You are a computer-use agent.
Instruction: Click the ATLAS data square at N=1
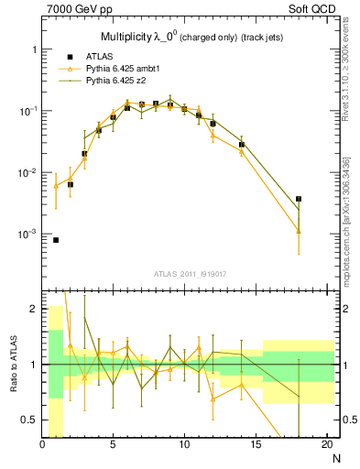coord(56,240)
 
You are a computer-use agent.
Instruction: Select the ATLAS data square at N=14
coord(242,145)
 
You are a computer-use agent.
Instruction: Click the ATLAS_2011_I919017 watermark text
coord(190,273)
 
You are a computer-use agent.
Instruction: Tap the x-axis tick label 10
coord(184,445)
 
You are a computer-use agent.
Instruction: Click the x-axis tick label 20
coord(326,445)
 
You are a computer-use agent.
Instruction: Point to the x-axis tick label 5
coord(114,445)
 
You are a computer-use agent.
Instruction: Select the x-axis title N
coord(335,457)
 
